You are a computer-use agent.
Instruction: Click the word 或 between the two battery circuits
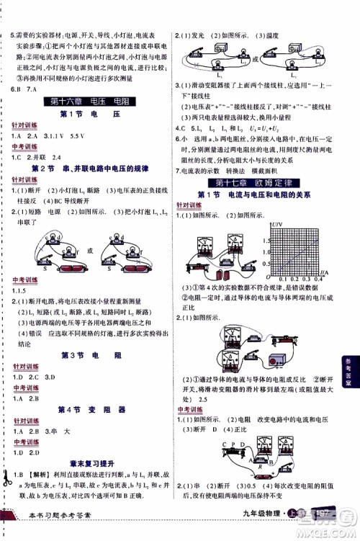point(89,249)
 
